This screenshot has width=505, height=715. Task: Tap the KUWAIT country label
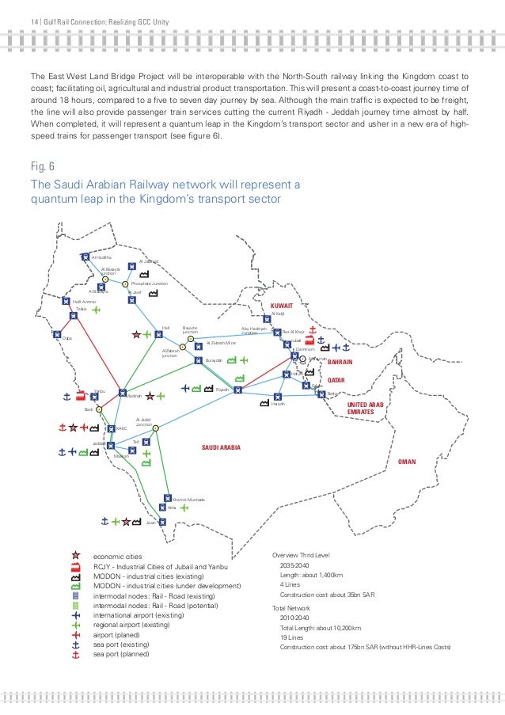282,305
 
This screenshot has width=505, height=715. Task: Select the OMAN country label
407,461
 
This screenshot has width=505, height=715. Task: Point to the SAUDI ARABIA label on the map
222,447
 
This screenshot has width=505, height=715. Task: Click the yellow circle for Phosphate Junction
125,283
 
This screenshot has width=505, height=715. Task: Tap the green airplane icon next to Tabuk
96,310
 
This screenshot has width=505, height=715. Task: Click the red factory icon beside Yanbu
82,394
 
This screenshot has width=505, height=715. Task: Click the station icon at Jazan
161,521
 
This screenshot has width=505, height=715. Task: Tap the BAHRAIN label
340,362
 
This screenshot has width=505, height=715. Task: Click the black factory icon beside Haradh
264,405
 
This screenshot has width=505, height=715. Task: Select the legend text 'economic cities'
116,557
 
